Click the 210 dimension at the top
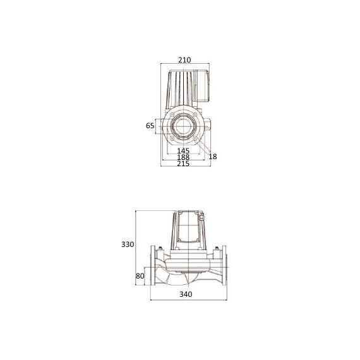click(x=184, y=60)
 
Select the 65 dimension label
click(x=150, y=126)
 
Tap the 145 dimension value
click(x=183, y=151)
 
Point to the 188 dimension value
click(x=183, y=157)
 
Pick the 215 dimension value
click(x=183, y=164)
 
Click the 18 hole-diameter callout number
click(x=212, y=156)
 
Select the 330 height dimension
click(x=129, y=244)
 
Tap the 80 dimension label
click(x=140, y=276)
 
